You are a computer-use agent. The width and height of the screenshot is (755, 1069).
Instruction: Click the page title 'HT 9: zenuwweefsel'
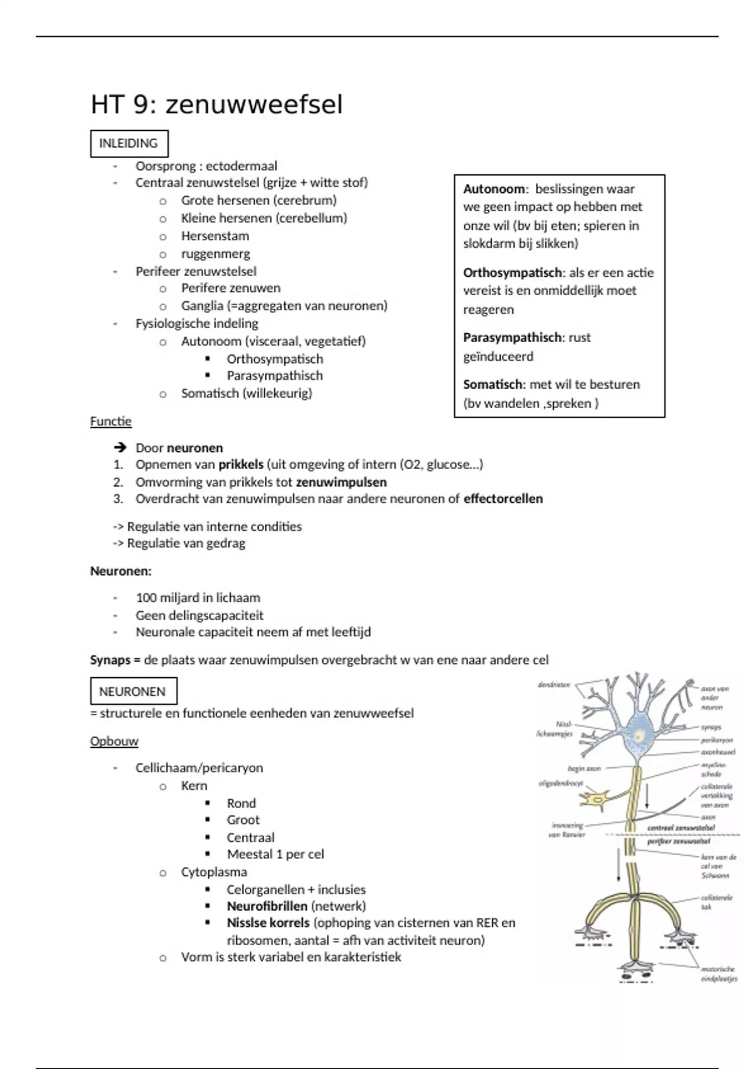pyautogui.click(x=216, y=104)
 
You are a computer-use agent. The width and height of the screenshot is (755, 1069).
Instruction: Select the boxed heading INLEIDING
pyautogui.click(x=128, y=143)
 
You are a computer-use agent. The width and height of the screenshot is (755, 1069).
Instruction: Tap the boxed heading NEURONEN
pyautogui.click(x=132, y=691)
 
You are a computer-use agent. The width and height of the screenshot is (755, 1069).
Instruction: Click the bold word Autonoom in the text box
pyautogui.click(x=494, y=189)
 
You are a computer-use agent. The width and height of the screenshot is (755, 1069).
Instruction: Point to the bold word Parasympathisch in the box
pyautogui.click(x=512, y=338)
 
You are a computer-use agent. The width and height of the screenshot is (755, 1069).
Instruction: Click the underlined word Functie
pyautogui.click(x=111, y=421)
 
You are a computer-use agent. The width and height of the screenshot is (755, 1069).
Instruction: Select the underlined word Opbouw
pyautogui.click(x=114, y=741)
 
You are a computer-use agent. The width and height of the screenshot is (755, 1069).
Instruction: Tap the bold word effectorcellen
pyautogui.click(x=503, y=499)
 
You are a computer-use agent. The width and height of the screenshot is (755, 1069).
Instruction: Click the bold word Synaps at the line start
pyautogui.click(x=110, y=660)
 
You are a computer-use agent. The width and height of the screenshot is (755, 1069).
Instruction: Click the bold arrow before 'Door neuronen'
pyautogui.click(x=120, y=448)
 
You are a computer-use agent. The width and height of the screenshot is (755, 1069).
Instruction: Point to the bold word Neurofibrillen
pyautogui.click(x=267, y=906)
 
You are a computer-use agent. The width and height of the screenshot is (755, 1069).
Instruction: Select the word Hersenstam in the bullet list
pyautogui.click(x=215, y=236)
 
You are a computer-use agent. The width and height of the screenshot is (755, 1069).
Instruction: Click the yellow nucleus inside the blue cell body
pyautogui.click(x=640, y=736)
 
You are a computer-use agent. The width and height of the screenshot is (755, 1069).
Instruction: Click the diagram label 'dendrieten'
pyautogui.click(x=554, y=685)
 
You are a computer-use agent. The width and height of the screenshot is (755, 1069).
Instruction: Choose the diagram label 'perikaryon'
pyautogui.click(x=717, y=740)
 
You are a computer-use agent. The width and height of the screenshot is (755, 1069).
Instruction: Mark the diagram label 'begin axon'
pyautogui.click(x=584, y=768)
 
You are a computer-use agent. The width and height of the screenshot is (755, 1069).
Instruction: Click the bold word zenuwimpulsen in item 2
pyautogui.click(x=341, y=482)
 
